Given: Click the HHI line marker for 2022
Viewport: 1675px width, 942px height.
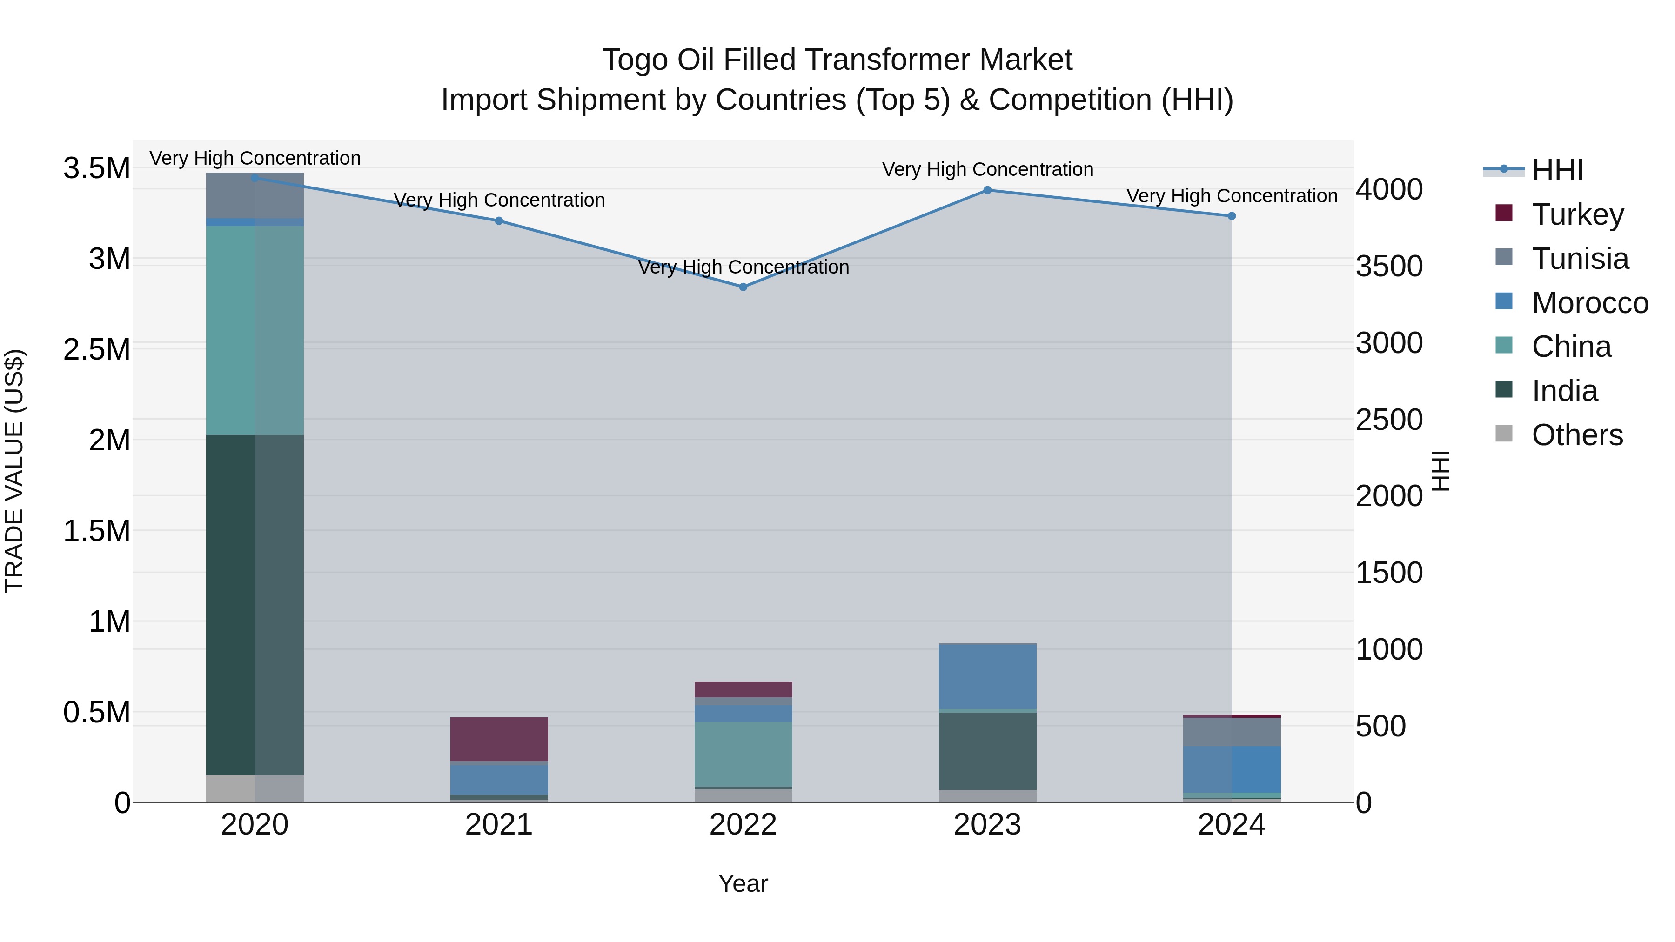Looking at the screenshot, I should pyautogui.click(x=743, y=287).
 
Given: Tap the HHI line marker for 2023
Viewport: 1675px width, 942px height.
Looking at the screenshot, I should pyautogui.click(x=987, y=190).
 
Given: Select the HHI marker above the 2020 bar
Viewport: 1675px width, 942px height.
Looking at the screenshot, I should pyautogui.click(x=255, y=178).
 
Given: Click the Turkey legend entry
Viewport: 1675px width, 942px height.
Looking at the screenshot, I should pyautogui.click(x=1577, y=214).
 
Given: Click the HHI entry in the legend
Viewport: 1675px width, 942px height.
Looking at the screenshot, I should pyautogui.click(x=1557, y=170).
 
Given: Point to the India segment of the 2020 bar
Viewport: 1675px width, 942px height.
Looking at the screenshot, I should pyautogui.click(x=255, y=605).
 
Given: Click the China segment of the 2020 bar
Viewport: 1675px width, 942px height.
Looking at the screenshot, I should pyautogui.click(x=255, y=330).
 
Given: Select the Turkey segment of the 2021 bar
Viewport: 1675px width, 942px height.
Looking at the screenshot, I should pyautogui.click(x=499, y=739).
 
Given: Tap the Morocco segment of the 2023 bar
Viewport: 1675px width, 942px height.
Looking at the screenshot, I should pyautogui.click(x=987, y=676).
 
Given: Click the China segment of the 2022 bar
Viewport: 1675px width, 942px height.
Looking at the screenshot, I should pyautogui.click(x=743, y=754).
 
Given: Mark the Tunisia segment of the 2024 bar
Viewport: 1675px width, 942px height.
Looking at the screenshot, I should pyautogui.click(x=1232, y=732).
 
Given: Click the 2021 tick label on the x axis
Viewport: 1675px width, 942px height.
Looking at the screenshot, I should pyautogui.click(x=499, y=825).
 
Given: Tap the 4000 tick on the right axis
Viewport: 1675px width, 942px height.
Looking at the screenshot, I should pyautogui.click(x=1389, y=190).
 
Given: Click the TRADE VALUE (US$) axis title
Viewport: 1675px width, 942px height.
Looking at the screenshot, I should pyautogui.click(x=14, y=471).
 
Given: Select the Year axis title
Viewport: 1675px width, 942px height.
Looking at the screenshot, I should pyautogui.click(x=743, y=883).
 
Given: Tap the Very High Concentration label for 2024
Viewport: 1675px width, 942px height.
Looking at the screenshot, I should pyautogui.click(x=1232, y=196).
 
